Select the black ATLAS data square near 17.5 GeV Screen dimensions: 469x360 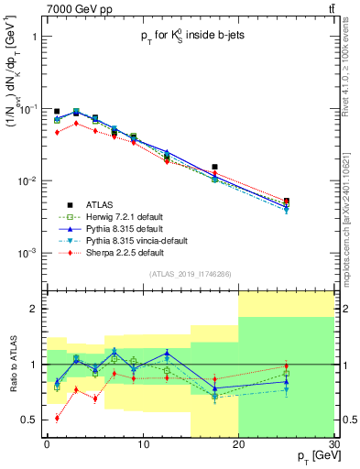[x=214, y=168]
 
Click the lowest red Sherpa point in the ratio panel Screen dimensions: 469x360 [x=57, y=418]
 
